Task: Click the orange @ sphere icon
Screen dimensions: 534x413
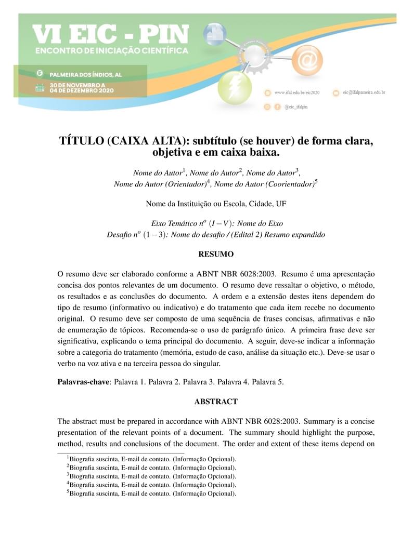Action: coord(307,61)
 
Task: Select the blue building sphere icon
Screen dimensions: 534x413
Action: coord(215,35)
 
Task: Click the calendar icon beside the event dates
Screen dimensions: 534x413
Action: coord(40,87)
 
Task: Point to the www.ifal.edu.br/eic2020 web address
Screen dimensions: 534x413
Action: coord(296,92)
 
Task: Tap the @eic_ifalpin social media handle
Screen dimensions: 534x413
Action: coord(296,106)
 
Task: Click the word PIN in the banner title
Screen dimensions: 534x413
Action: coord(160,35)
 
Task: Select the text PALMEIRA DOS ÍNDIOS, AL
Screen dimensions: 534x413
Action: coord(85,74)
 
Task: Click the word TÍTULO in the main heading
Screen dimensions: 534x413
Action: coord(81,142)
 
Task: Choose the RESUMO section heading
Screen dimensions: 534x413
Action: coord(216,255)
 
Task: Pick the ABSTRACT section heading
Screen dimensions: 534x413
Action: coord(216,402)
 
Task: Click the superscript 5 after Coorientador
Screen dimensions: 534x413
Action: coord(316,181)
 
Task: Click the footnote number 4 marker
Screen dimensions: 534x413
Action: coord(68,483)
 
